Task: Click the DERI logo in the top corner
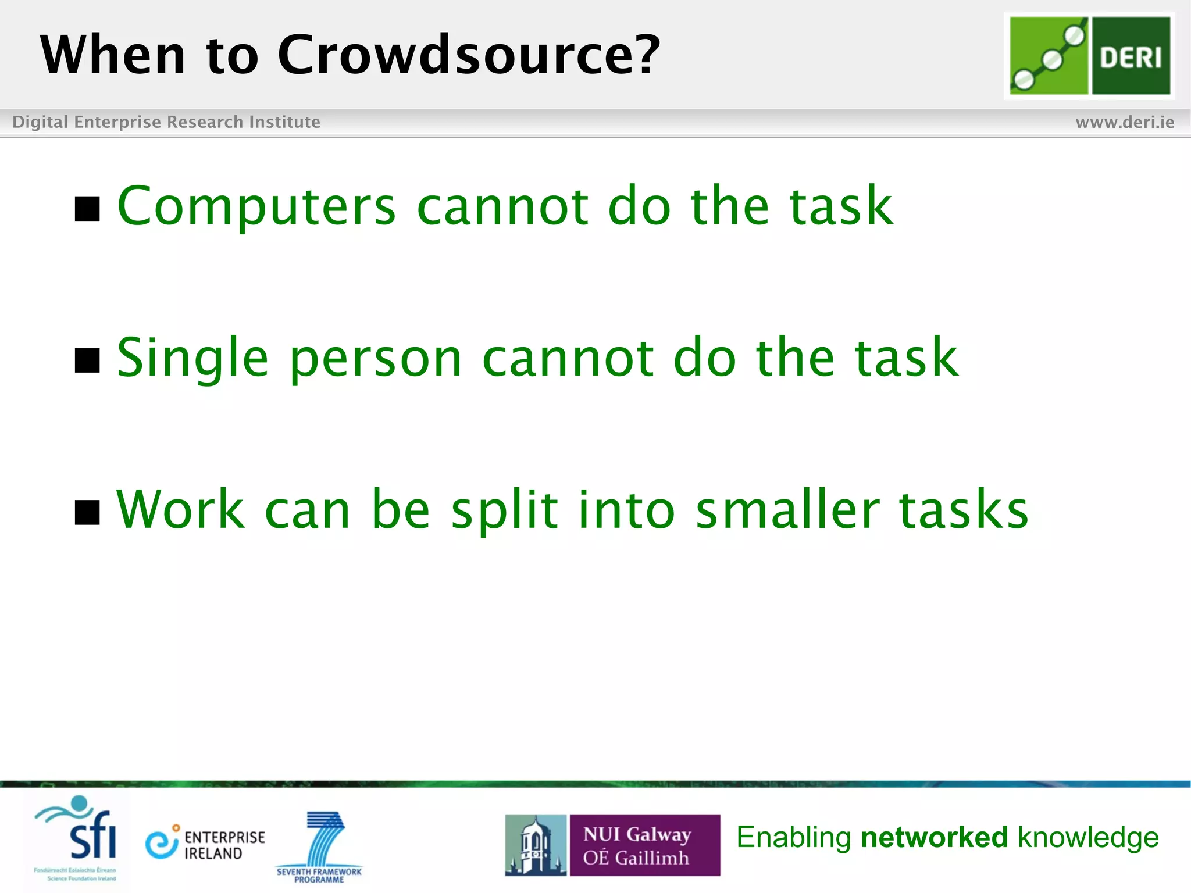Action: point(1089,56)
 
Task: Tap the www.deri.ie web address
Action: point(1124,122)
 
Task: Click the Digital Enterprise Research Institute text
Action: point(166,122)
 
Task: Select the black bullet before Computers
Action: point(87,209)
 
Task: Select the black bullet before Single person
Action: point(87,360)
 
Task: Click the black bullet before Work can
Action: point(87,512)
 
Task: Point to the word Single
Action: point(192,359)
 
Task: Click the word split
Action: point(504,510)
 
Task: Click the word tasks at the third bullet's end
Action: point(964,510)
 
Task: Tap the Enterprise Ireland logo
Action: point(205,845)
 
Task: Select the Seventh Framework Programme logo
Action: point(319,846)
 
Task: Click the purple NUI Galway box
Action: point(644,845)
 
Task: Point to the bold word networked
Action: point(934,837)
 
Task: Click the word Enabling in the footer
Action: point(793,838)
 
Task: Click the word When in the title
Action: point(113,55)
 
